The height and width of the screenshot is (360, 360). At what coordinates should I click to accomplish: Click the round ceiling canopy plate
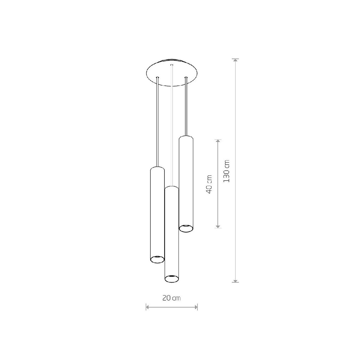(172, 73)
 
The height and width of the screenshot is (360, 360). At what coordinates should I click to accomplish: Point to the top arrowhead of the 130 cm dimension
(235, 60)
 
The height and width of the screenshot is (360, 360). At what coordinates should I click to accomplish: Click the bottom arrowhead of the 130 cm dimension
(235, 286)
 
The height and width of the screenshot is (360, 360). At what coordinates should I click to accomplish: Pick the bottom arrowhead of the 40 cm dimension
(217, 226)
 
